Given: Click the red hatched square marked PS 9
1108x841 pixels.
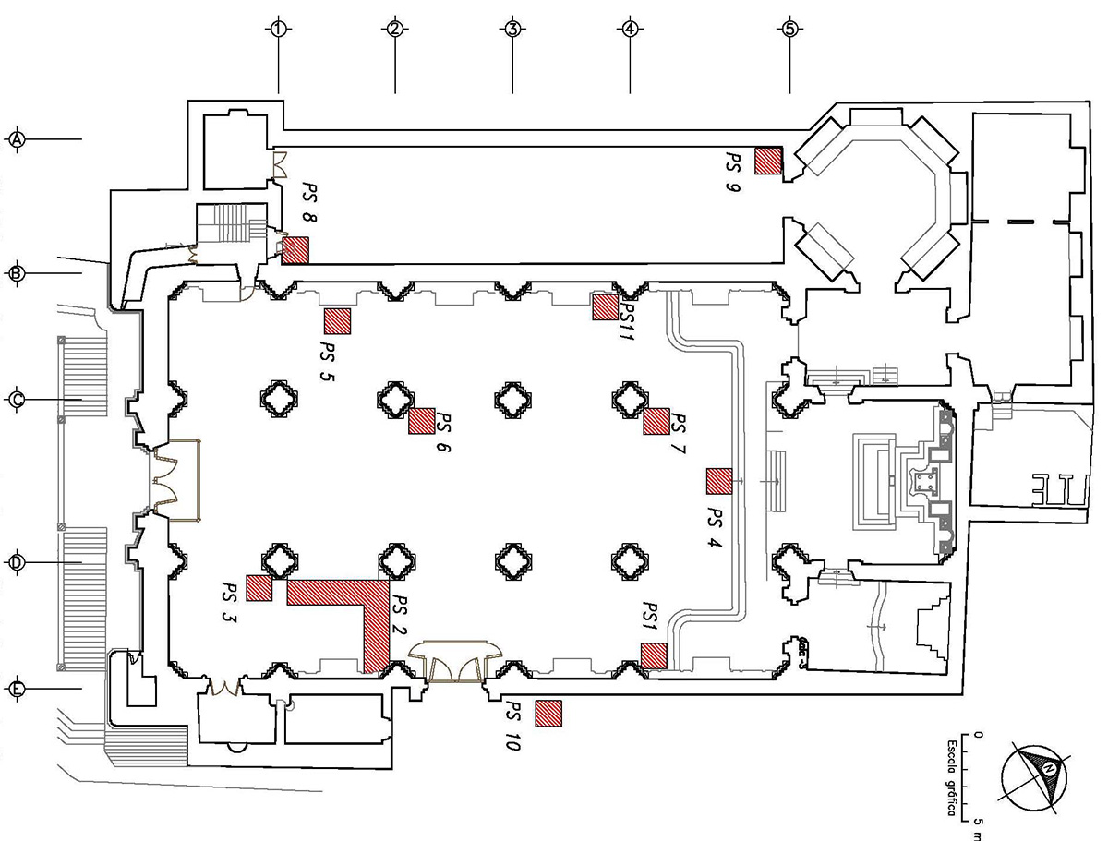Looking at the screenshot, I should tap(768, 161).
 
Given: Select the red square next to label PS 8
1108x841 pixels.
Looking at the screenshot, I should tap(295, 250).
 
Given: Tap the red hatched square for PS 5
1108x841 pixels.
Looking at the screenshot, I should tap(338, 320).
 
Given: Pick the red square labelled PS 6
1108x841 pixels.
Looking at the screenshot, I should tap(422, 420).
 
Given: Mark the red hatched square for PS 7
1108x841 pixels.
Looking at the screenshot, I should tap(656, 420).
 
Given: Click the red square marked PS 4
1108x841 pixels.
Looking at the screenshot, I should tap(719, 481).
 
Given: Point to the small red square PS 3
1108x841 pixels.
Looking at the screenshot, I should tap(259, 588).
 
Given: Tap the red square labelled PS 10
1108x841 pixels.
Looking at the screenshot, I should tap(548, 713).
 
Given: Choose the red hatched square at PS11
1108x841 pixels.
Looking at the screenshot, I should tap(606, 306).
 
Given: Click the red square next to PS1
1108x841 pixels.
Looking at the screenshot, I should tap(654, 655).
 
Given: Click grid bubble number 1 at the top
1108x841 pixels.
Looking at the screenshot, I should tap(278, 29).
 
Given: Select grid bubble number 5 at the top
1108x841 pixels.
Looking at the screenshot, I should tap(789, 29).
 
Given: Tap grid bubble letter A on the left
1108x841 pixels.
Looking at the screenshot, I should tap(18, 139).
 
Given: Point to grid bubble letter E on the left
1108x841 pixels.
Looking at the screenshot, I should tap(18, 690).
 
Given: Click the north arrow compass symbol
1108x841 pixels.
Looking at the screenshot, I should tap(1038, 775).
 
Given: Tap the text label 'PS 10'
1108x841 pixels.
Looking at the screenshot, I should tap(512, 726).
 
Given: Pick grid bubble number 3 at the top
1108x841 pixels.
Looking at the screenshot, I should tap(512, 29).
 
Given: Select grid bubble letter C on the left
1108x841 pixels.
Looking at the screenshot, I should tap(18, 400).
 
